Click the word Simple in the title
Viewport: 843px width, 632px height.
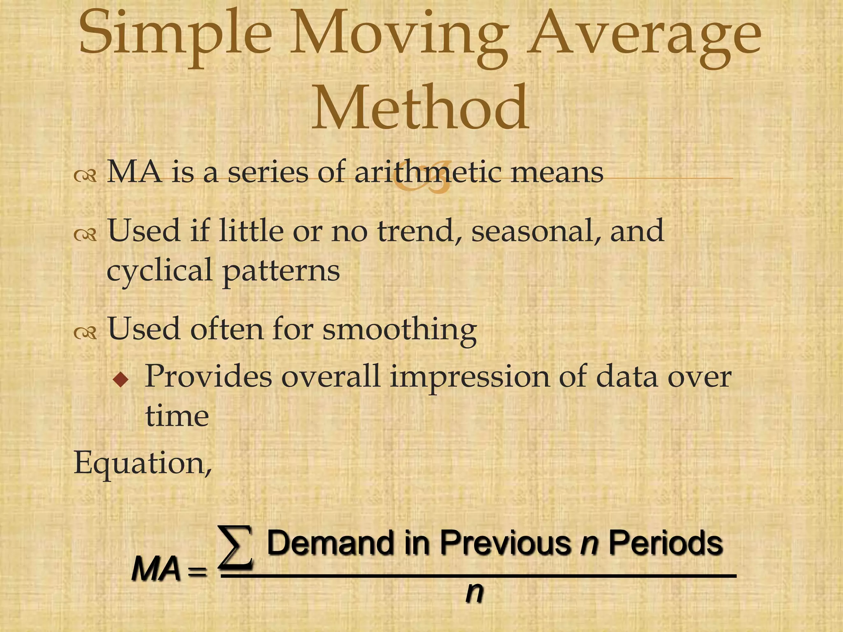tap(175, 35)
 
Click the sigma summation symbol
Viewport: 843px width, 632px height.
tap(235, 547)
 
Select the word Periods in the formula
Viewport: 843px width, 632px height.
tap(666, 543)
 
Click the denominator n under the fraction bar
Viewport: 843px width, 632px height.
tap(474, 593)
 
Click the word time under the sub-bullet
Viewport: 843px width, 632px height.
tap(177, 416)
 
